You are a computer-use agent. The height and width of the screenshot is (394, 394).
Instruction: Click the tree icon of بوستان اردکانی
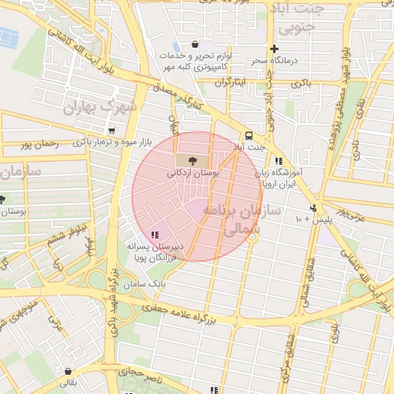[192, 160]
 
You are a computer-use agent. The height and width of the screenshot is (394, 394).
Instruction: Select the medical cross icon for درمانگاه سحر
[274, 48]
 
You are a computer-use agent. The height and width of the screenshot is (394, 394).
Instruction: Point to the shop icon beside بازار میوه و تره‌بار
[113, 131]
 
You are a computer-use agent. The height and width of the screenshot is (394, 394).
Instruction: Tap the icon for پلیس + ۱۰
[313, 208]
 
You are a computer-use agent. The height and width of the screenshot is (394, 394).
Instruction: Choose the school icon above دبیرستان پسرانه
[155, 235]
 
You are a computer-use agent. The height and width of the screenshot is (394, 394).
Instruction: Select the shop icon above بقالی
[69, 371]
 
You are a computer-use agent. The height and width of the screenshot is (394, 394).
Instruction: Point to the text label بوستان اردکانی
[193, 174]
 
